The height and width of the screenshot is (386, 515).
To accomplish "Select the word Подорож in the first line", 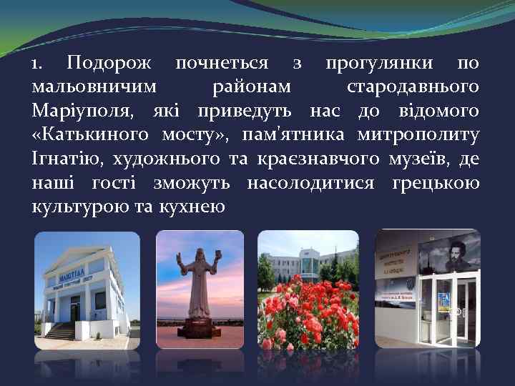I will (109, 64).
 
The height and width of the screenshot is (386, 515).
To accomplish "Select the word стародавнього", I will (413, 87).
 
